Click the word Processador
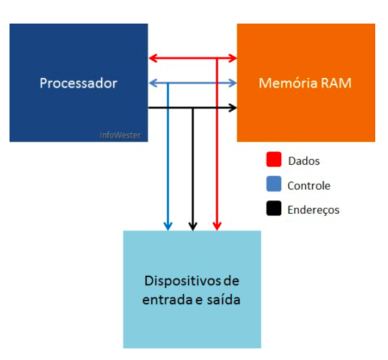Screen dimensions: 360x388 coord(78,83)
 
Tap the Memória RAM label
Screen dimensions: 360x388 coord(305,83)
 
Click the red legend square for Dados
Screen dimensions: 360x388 coord(273,160)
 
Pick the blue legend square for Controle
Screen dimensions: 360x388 coord(273,186)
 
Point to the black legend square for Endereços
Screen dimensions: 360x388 coord(273,210)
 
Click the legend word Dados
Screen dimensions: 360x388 coord(304,160)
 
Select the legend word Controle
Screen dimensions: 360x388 coord(309,186)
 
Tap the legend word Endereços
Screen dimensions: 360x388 coord(313,210)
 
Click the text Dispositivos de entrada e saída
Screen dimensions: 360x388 coord(192,289)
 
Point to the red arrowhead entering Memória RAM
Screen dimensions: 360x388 coord(233,58)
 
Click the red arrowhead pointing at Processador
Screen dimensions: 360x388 coord(152,58)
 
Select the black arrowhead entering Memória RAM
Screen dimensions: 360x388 coord(233,108)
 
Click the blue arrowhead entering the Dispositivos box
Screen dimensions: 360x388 coord(168,226)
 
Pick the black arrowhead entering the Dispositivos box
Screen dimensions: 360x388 coord(193,226)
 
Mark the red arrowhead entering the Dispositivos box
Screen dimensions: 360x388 coord(217,226)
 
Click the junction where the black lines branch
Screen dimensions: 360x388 coord(193,108)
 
